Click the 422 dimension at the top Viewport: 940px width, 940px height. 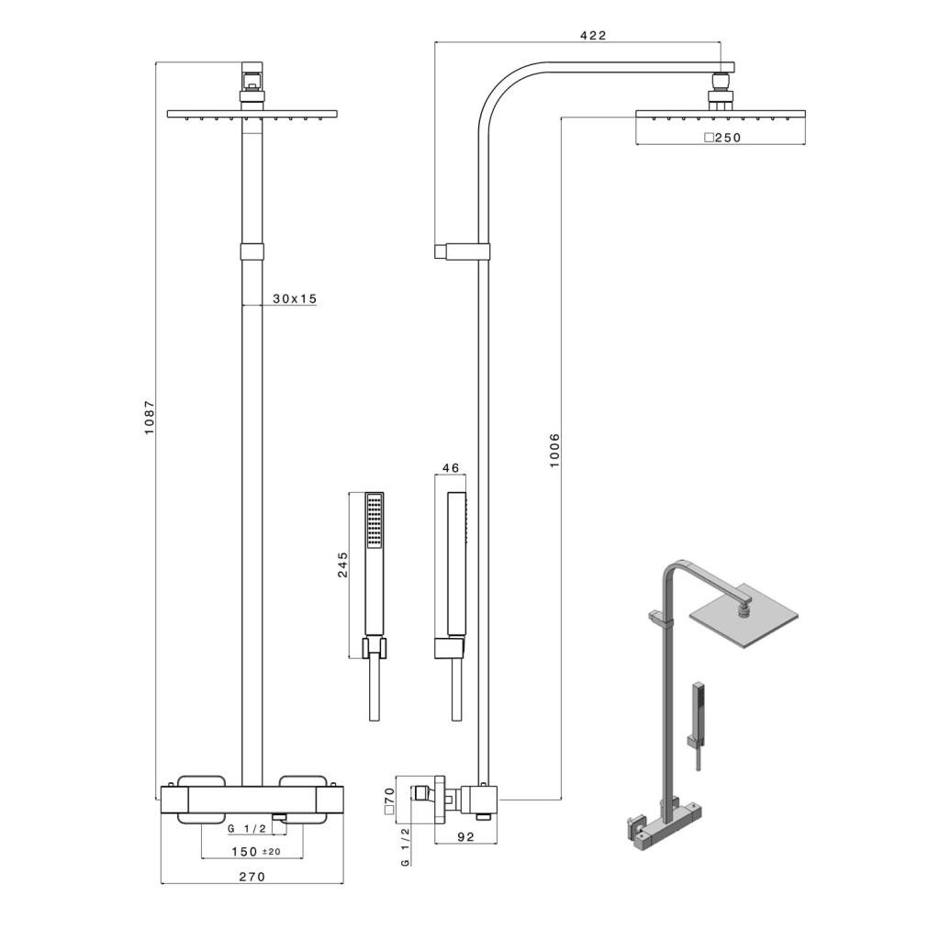coord(593,36)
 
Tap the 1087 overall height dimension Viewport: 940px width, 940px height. coord(150,418)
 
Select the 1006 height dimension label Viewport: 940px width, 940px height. coord(554,450)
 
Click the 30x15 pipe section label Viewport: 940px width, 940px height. coord(294,298)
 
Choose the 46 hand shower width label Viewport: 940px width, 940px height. coord(450,468)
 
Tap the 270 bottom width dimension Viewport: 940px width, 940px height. coord(252,877)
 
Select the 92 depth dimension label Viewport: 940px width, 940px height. coord(464,835)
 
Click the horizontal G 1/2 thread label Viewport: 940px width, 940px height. coord(248,829)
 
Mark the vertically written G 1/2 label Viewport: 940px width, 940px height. coord(405,848)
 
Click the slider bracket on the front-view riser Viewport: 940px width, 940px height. coord(252,252)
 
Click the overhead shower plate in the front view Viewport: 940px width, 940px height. coord(252,115)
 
